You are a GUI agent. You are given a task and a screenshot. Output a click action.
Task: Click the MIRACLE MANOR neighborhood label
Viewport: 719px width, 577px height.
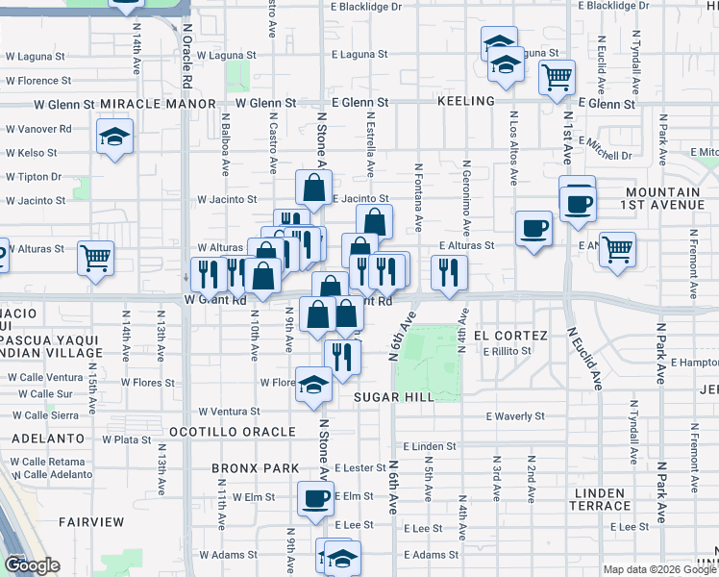tap(157, 103)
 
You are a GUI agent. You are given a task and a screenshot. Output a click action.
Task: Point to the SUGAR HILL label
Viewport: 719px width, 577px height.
tap(394, 396)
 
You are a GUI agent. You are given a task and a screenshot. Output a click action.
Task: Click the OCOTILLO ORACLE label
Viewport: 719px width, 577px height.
tap(233, 432)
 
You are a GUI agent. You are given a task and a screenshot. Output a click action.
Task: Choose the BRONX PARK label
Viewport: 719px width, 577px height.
tap(251, 469)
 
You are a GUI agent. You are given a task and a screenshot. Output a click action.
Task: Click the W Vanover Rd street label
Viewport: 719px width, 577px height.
tap(38, 128)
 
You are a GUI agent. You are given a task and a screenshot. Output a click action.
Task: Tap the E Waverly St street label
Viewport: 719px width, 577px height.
tap(515, 416)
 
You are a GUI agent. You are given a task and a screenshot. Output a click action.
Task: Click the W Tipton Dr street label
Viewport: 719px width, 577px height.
tap(34, 177)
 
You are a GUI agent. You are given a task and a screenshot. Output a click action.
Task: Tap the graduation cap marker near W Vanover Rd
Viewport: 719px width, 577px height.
tap(114, 136)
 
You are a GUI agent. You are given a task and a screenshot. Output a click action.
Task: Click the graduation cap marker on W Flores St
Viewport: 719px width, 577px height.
tap(312, 384)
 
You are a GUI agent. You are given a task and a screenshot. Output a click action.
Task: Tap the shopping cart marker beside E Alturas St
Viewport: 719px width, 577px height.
tap(617, 248)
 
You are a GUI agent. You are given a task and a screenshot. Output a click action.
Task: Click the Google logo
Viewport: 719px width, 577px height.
tap(31, 565)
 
